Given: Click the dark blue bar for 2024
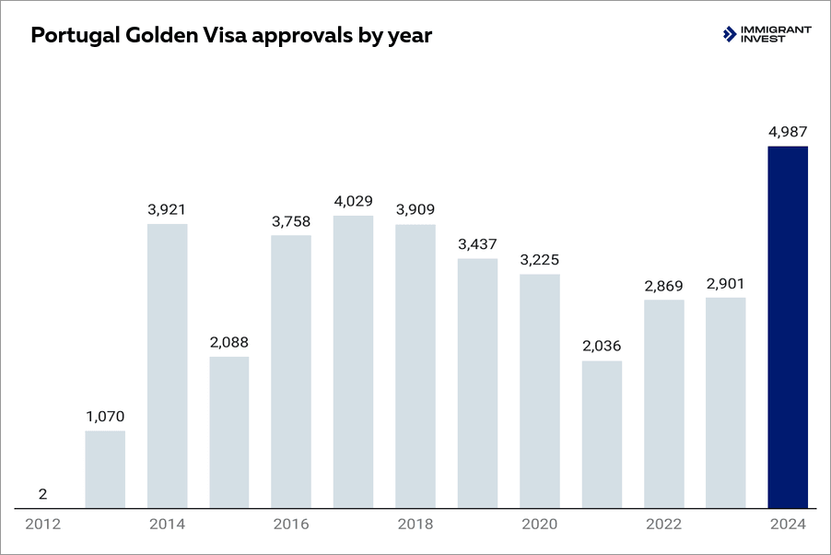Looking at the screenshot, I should pyautogui.click(x=788, y=327).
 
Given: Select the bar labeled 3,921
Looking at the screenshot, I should pyautogui.click(x=167, y=366).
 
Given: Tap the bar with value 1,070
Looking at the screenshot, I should pyautogui.click(x=105, y=469).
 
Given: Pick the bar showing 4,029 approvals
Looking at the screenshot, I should pyautogui.click(x=353, y=362).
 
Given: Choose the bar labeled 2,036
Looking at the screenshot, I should pyautogui.click(x=602, y=434).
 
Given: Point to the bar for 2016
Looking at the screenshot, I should pyautogui.click(x=291, y=372).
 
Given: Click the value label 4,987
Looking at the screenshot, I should pyautogui.click(x=788, y=132).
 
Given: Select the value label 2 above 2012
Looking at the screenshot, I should pyautogui.click(x=43, y=494).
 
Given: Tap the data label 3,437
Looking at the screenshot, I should pyautogui.click(x=477, y=244).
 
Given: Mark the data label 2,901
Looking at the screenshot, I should pyautogui.click(x=725, y=283).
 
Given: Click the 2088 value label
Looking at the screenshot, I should pyautogui.click(x=228, y=342).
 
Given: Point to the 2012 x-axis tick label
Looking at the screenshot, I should pyautogui.click(x=43, y=525).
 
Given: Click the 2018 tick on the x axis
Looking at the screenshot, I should pyautogui.click(x=415, y=525).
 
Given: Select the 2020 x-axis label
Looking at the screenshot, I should pyautogui.click(x=539, y=525).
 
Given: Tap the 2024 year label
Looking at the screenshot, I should pyautogui.click(x=788, y=525).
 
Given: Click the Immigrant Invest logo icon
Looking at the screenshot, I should pyautogui.click(x=731, y=35).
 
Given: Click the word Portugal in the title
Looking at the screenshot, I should pyautogui.click(x=73, y=36).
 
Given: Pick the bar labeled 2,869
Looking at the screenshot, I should pyautogui.click(x=663, y=404).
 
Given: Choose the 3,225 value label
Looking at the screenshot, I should pyautogui.click(x=539, y=260).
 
